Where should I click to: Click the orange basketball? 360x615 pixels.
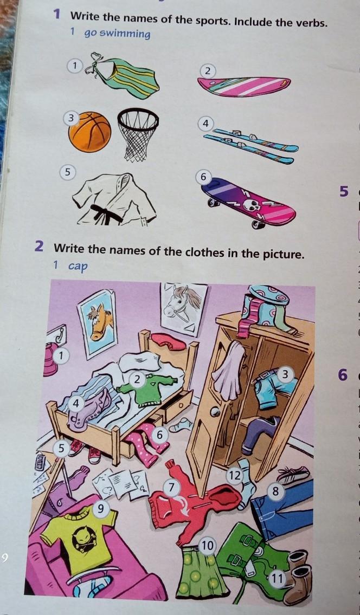(x=89, y=132)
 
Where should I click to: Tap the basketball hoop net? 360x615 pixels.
(x=138, y=133)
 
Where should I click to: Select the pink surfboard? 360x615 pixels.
(x=244, y=86)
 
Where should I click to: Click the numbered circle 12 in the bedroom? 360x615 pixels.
(x=235, y=476)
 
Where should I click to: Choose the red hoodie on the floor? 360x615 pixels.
(x=192, y=506)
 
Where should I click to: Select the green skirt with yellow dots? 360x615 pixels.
(x=200, y=571)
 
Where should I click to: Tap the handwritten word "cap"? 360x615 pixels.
(x=78, y=266)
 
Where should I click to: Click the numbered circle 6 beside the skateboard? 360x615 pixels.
(x=203, y=177)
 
